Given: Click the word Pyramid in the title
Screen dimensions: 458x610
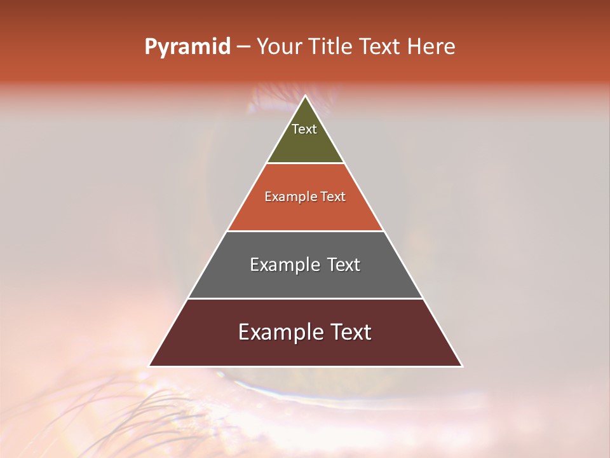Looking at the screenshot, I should point(187,47).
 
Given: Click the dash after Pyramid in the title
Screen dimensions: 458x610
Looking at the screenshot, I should point(243,47).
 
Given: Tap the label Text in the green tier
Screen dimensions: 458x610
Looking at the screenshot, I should point(304,129).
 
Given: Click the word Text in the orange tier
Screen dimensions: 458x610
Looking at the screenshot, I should point(334,197).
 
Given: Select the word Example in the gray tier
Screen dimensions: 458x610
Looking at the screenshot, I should point(284,265).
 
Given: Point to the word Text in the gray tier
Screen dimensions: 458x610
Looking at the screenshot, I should point(343,265).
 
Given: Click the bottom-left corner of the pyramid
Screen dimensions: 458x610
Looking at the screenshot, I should point(149,366).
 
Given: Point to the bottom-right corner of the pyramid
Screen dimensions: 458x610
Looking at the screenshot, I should point(462,366).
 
